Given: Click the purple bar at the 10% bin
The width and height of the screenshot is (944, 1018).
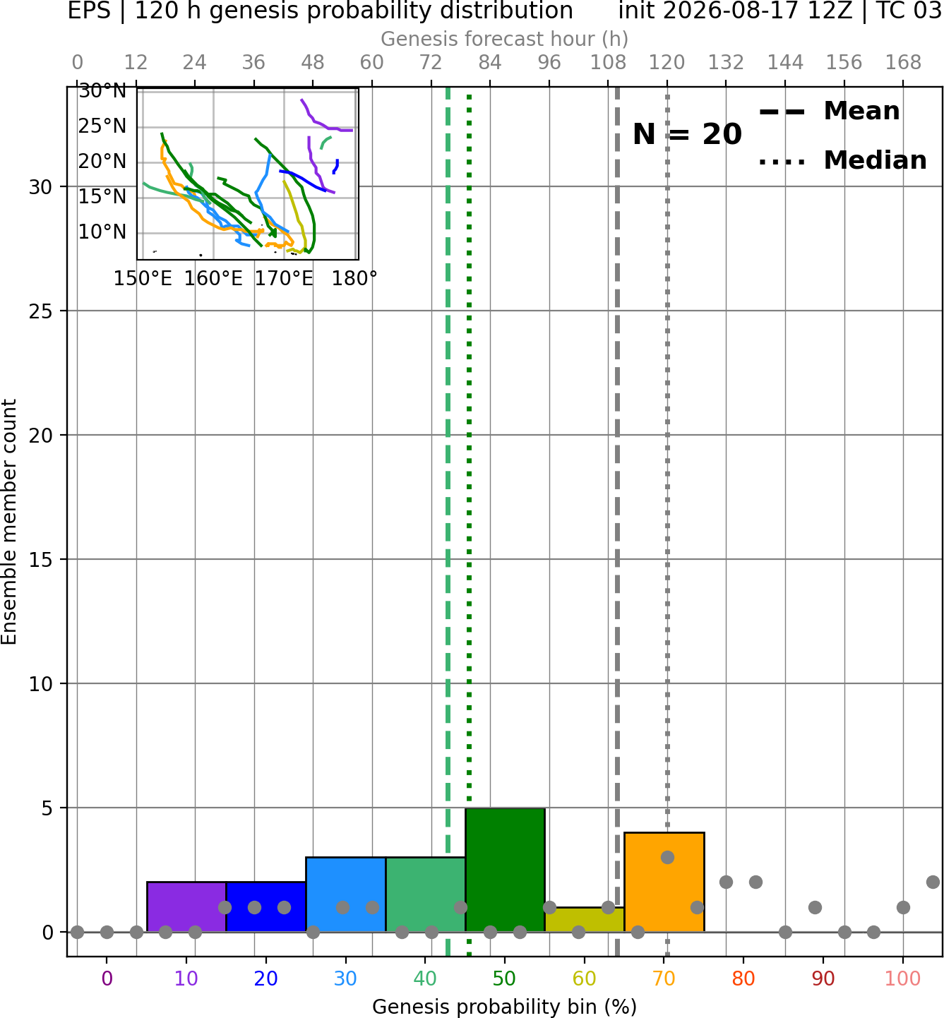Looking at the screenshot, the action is coord(186,906).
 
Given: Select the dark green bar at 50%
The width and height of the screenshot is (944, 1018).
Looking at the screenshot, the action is coord(505,870).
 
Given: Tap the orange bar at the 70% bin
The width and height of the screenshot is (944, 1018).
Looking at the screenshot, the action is coord(664,882).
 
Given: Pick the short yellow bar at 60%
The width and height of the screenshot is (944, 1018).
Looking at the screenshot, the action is coord(585,920).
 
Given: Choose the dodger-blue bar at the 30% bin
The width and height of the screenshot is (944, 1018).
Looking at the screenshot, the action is coord(345,894).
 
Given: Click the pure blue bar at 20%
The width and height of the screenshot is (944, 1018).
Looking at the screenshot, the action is coord(266,906).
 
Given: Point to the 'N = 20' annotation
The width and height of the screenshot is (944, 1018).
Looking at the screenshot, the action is coord(687,134).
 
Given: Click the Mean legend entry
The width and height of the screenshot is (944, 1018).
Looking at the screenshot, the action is coord(829,112).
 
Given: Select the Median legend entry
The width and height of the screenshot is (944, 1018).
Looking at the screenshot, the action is coord(843,160).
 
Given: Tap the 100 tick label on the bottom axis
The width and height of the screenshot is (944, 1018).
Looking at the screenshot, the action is coord(903,978).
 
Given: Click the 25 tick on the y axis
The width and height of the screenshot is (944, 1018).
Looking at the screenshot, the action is coord(41,311).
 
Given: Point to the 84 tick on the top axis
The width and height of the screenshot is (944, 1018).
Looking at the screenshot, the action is coord(490,63).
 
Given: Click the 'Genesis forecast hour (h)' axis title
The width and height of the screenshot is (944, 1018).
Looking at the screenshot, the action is coord(505,39).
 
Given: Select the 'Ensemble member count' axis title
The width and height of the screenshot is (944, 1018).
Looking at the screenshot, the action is coord(9,522).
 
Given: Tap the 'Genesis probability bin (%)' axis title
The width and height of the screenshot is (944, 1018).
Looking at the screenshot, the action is coord(505,1007).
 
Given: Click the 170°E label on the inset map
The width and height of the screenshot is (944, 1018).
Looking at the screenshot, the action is coord(284,279).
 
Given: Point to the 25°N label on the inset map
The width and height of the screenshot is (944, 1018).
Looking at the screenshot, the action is coord(102,126).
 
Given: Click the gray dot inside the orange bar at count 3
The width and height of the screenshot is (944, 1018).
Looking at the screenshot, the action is coord(667,857).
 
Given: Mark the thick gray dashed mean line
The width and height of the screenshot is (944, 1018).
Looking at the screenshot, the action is coord(617,521).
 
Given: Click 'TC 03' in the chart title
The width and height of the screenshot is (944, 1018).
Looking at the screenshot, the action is coord(907,11).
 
